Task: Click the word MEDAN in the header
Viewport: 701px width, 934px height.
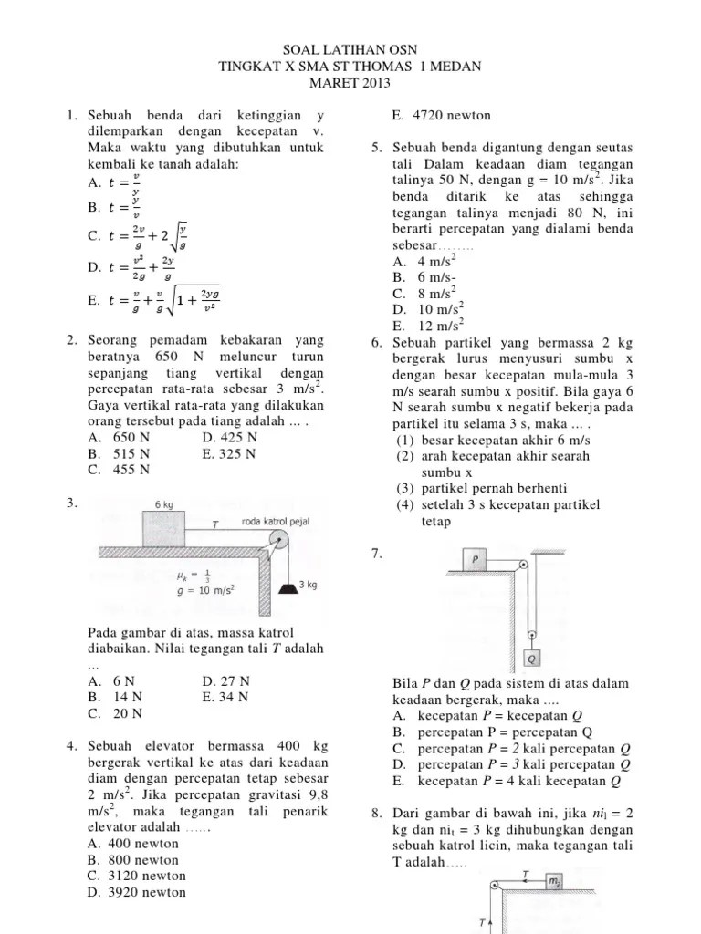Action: [x=450, y=67]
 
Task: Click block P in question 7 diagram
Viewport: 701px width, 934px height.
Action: [x=476, y=558]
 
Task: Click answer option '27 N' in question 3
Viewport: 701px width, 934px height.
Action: [x=232, y=680]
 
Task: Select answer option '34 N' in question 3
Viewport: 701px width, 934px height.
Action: [x=232, y=697]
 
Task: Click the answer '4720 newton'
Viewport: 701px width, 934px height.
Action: [x=439, y=115]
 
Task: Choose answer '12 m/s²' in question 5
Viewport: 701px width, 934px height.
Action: [x=440, y=326]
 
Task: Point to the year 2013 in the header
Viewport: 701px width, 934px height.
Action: [x=375, y=83]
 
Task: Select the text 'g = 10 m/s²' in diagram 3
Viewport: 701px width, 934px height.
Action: [x=205, y=589]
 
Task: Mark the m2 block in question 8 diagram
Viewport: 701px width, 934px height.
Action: [x=554, y=881]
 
